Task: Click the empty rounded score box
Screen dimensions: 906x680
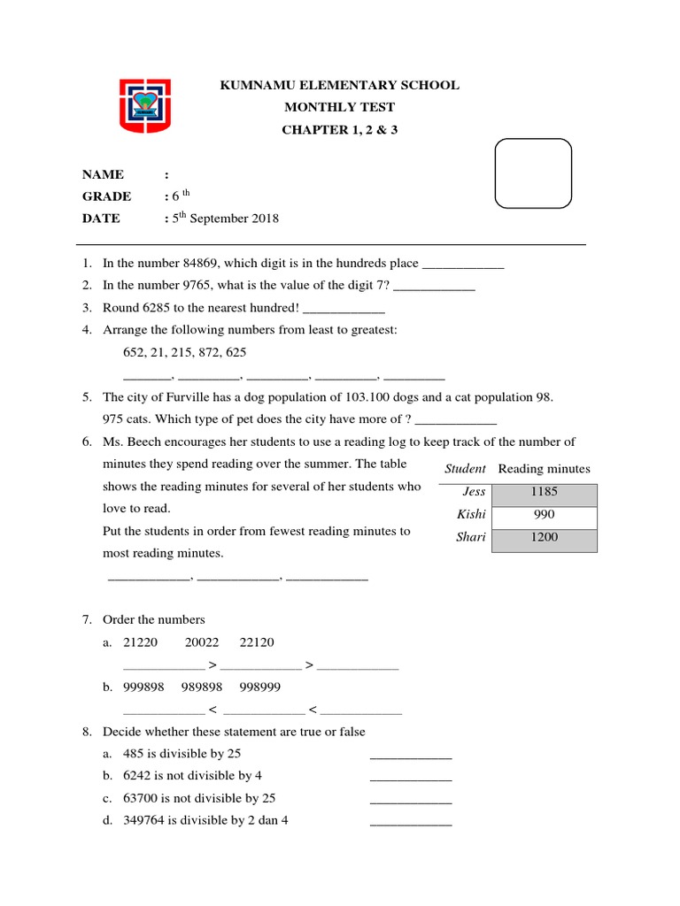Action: pyautogui.click(x=533, y=173)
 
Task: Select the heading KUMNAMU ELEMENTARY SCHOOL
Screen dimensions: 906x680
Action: pyautogui.click(x=339, y=86)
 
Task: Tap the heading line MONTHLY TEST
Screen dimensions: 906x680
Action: pyautogui.click(x=339, y=108)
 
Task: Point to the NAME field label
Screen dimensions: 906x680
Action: pyautogui.click(x=104, y=174)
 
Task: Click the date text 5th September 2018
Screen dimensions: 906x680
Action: pyautogui.click(x=225, y=219)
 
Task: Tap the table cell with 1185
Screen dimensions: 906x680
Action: pyautogui.click(x=545, y=492)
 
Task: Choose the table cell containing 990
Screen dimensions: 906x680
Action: pyautogui.click(x=545, y=514)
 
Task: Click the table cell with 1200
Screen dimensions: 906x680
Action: pyautogui.click(x=545, y=537)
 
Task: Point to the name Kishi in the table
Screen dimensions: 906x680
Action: pyautogui.click(x=472, y=514)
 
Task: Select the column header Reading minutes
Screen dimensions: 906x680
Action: pyautogui.click(x=544, y=469)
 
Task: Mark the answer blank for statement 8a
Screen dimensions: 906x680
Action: pyautogui.click(x=410, y=756)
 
